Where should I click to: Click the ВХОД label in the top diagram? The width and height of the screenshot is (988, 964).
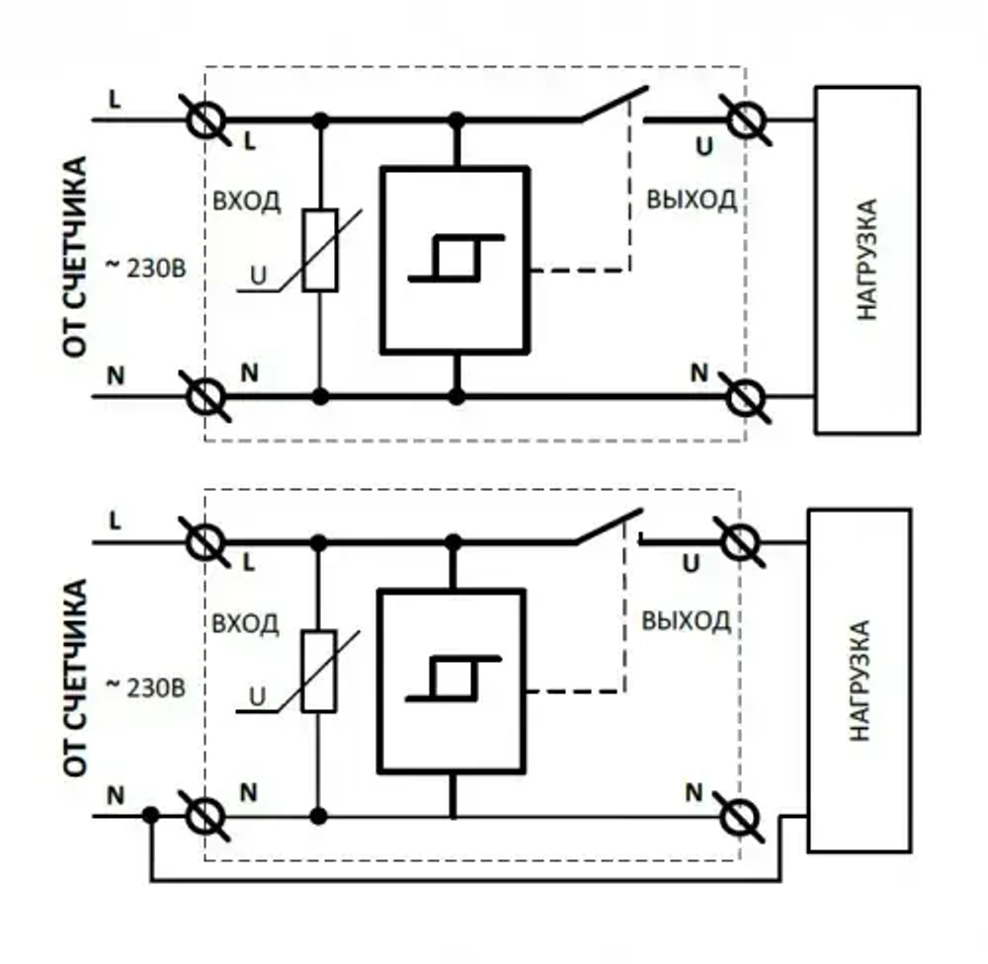click(x=246, y=201)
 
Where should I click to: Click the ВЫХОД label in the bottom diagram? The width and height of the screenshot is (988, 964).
click(x=687, y=620)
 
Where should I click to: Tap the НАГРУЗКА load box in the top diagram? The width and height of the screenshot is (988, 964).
click(x=866, y=260)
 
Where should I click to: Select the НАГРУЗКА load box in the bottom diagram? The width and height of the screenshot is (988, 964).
click(x=859, y=681)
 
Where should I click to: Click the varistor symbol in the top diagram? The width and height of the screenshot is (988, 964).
click(x=320, y=250)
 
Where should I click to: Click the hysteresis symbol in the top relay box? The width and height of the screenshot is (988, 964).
click(x=456, y=260)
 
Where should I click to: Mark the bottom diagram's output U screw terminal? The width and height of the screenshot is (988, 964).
click(x=740, y=542)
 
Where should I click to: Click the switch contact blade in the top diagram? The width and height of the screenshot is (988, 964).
click(x=614, y=106)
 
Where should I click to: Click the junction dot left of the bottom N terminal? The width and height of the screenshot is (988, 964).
click(x=150, y=816)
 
